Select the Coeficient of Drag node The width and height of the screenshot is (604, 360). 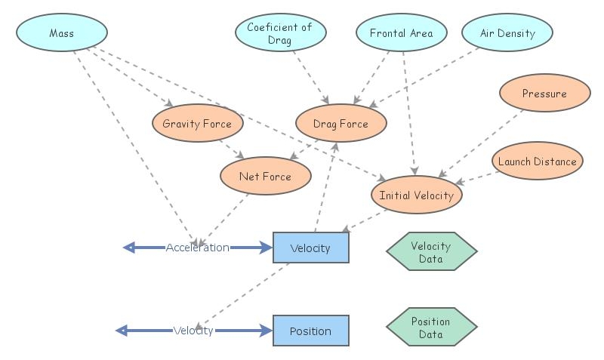(280, 33)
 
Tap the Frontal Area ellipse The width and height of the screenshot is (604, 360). (402, 33)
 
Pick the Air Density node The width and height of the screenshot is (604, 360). (507, 33)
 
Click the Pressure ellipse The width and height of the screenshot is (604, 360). (544, 94)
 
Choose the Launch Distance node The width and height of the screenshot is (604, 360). (537, 162)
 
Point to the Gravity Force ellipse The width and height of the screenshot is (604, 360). (197, 124)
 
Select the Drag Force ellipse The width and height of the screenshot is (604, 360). (341, 124)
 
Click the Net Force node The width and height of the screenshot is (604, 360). (265, 177)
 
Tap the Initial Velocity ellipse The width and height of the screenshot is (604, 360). (416, 195)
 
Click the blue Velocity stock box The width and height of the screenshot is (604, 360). (310, 248)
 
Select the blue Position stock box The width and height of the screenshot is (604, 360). (310, 331)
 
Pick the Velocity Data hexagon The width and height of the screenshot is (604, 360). (431, 251)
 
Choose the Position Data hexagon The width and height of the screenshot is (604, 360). (431, 327)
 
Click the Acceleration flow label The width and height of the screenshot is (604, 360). (198, 248)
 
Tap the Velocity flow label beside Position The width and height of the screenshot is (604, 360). (193, 331)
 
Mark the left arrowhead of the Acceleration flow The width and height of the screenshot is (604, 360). (129, 248)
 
